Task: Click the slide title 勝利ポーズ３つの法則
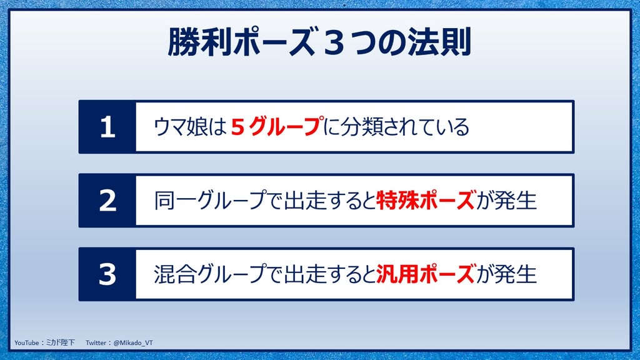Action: coord(319,42)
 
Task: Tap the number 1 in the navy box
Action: coord(107,127)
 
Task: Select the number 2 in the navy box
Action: coord(107,201)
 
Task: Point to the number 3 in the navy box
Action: coord(107,274)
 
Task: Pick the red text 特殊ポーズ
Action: coord(426,201)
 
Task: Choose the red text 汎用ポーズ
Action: coord(426,274)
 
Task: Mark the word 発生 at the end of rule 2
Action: coord(515,201)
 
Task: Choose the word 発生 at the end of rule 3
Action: coord(515,274)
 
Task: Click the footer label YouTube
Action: coord(26,343)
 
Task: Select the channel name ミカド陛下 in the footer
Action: coord(61,343)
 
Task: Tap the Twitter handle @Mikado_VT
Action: coord(133,343)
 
